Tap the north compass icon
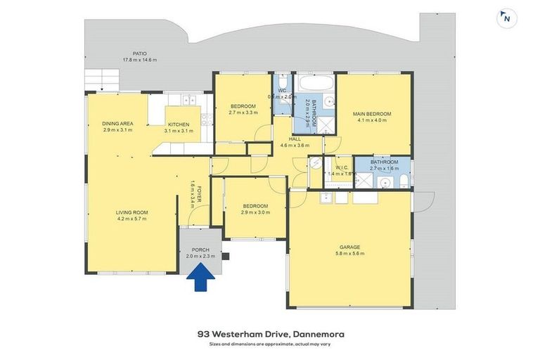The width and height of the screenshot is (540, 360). pos(506,19)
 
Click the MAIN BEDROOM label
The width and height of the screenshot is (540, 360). pos(373,114)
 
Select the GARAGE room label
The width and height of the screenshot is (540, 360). pos(349,247)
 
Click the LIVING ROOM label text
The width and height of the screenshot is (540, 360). pos(131,212)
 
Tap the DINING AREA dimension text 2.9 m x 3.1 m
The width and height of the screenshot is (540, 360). pos(118,130)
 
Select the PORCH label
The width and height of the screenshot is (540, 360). pos(200,250)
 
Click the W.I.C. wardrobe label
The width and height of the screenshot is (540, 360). pos(342,167)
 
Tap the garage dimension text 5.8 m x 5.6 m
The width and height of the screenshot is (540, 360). pos(349,254)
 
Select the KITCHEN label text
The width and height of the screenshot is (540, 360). pos(178,124)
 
